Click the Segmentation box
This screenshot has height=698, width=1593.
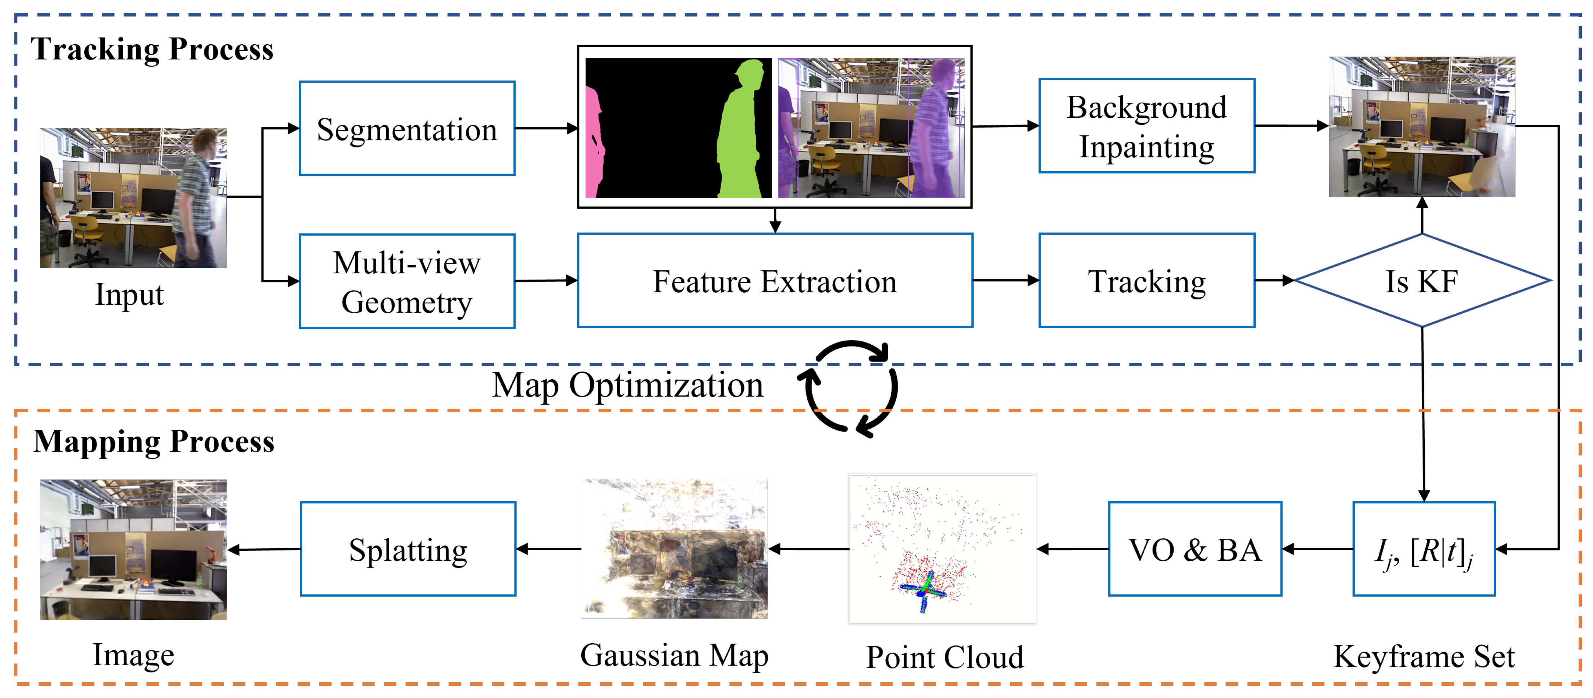click(x=407, y=129)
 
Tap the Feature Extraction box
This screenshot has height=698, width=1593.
click(x=774, y=281)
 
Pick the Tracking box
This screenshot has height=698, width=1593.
click(x=1147, y=281)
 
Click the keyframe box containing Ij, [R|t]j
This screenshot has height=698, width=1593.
click(x=1424, y=549)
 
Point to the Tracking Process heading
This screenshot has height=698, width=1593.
click(x=152, y=49)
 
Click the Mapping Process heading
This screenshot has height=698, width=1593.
click(x=153, y=442)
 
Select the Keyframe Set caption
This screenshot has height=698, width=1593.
click(x=1424, y=657)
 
